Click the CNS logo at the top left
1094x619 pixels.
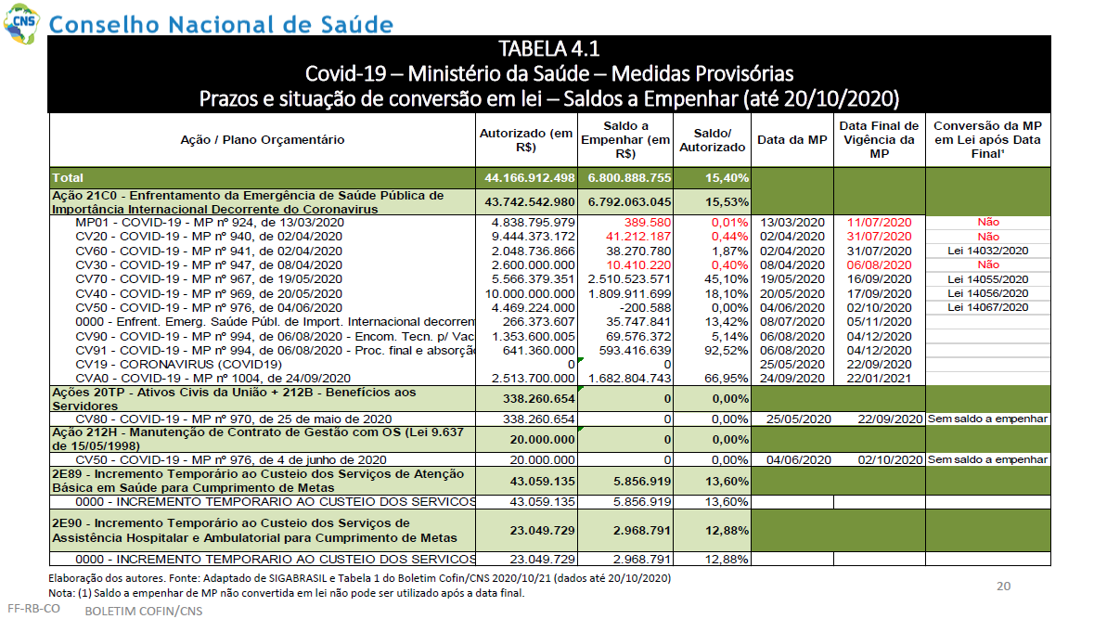[21, 22]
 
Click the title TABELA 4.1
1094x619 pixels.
[548, 49]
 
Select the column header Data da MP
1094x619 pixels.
[792, 139]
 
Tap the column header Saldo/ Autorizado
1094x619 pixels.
[713, 139]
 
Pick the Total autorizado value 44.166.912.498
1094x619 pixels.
[530, 178]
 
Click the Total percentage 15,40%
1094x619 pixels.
[727, 178]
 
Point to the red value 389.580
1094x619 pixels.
[648, 223]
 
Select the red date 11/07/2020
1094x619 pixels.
[879, 223]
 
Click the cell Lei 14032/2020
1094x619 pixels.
[988, 251]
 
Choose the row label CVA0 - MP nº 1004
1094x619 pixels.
[212, 379]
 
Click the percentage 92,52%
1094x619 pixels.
[727, 350]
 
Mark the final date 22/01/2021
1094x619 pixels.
[879, 379]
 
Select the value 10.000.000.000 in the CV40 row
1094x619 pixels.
[530, 294]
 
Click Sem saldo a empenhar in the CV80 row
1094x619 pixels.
[987, 419]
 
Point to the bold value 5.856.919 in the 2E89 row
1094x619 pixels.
[642, 481]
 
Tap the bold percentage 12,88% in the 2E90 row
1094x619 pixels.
[727, 530]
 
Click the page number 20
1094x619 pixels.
[1003, 587]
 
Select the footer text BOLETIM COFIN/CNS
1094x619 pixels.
[144, 612]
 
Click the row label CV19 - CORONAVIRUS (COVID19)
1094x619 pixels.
[178, 365]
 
